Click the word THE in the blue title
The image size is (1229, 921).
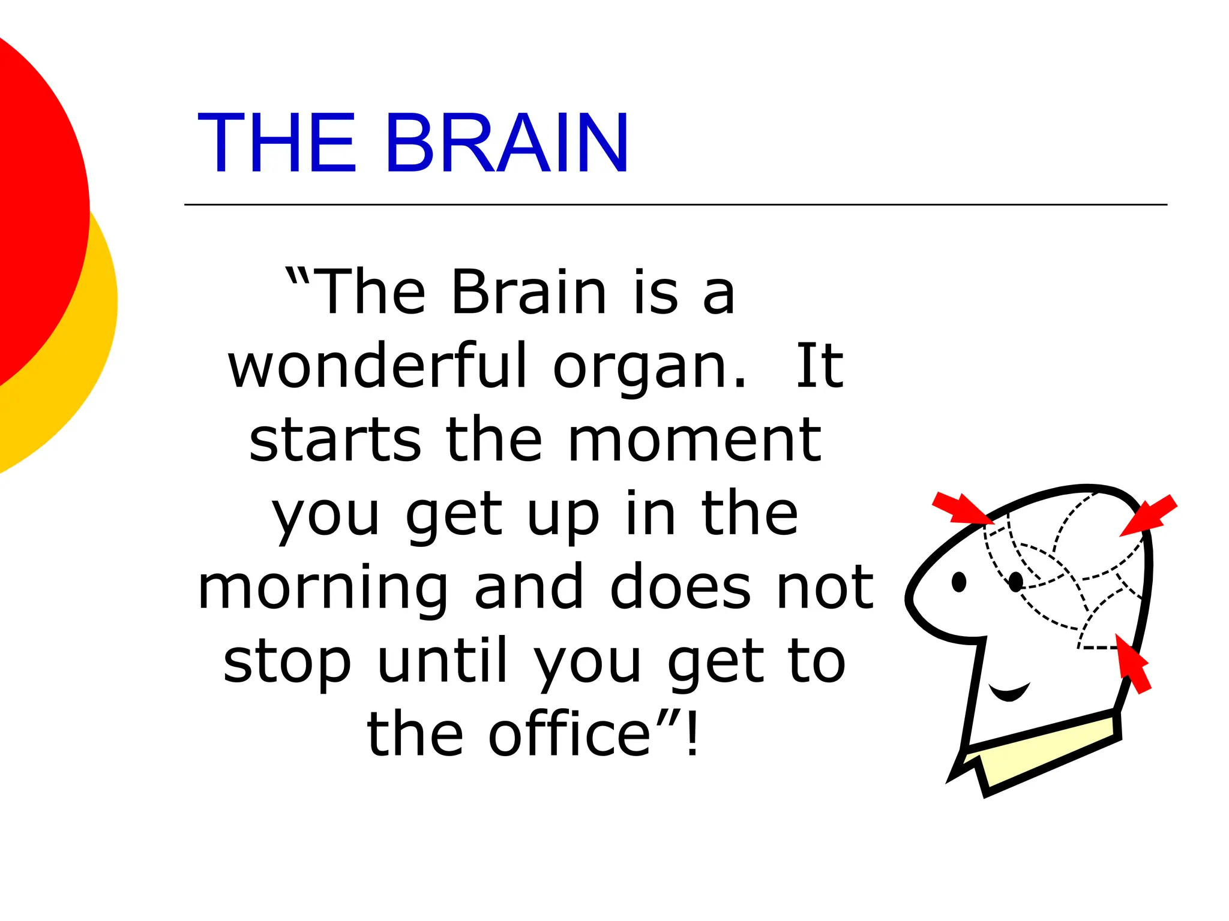point(277,144)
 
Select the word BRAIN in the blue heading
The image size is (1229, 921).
point(507,144)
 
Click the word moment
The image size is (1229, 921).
point(694,441)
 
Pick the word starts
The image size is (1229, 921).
point(335,441)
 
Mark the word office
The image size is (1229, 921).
point(569,734)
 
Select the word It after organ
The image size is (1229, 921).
point(820,366)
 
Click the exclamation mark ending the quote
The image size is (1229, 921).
point(693,734)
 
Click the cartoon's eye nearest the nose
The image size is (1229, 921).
point(959,582)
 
